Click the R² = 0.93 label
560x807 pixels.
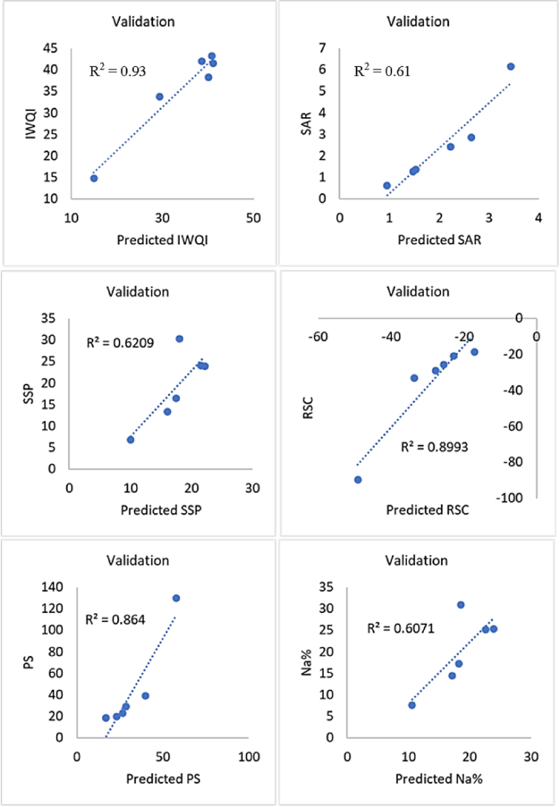[117, 71]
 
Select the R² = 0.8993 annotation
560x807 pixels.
[434, 447]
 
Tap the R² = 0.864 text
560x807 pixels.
[115, 619]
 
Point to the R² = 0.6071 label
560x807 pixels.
[400, 628]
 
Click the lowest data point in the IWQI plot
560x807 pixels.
[94, 178]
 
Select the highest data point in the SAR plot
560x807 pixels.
[510, 67]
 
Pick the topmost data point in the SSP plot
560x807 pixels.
[179, 339]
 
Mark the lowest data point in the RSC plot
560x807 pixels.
[358, 480]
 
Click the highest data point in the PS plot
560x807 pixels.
[176, 598]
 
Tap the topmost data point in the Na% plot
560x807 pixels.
[461, 605]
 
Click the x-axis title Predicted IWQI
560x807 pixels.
[162, 240]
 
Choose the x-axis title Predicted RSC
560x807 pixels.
[427, 510]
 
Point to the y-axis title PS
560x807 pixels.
[28, 662]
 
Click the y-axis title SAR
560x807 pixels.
[306, 123]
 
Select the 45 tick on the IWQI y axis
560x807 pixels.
[50, 48]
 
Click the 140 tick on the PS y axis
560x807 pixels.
[52, 587]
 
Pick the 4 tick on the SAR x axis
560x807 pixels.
[538, 218]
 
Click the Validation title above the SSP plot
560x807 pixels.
[138, 292]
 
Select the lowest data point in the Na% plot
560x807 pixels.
[412, 705]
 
